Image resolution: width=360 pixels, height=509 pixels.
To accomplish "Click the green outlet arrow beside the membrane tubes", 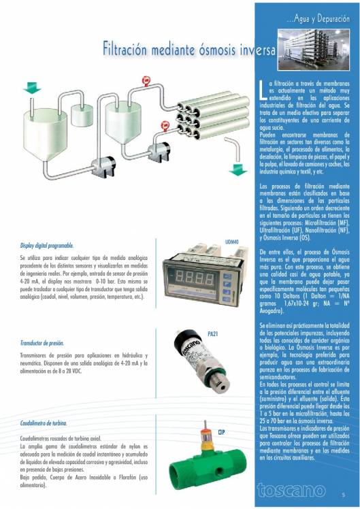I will coord(238,167).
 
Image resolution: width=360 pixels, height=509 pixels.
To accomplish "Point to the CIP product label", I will coord(221,431).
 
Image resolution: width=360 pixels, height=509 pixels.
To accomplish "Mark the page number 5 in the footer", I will coord(344,495).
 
